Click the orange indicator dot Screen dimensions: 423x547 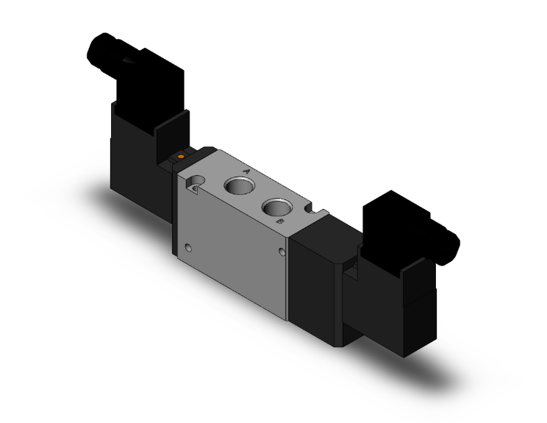tap(180, 156)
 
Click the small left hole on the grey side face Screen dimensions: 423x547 tap(190, 246)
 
